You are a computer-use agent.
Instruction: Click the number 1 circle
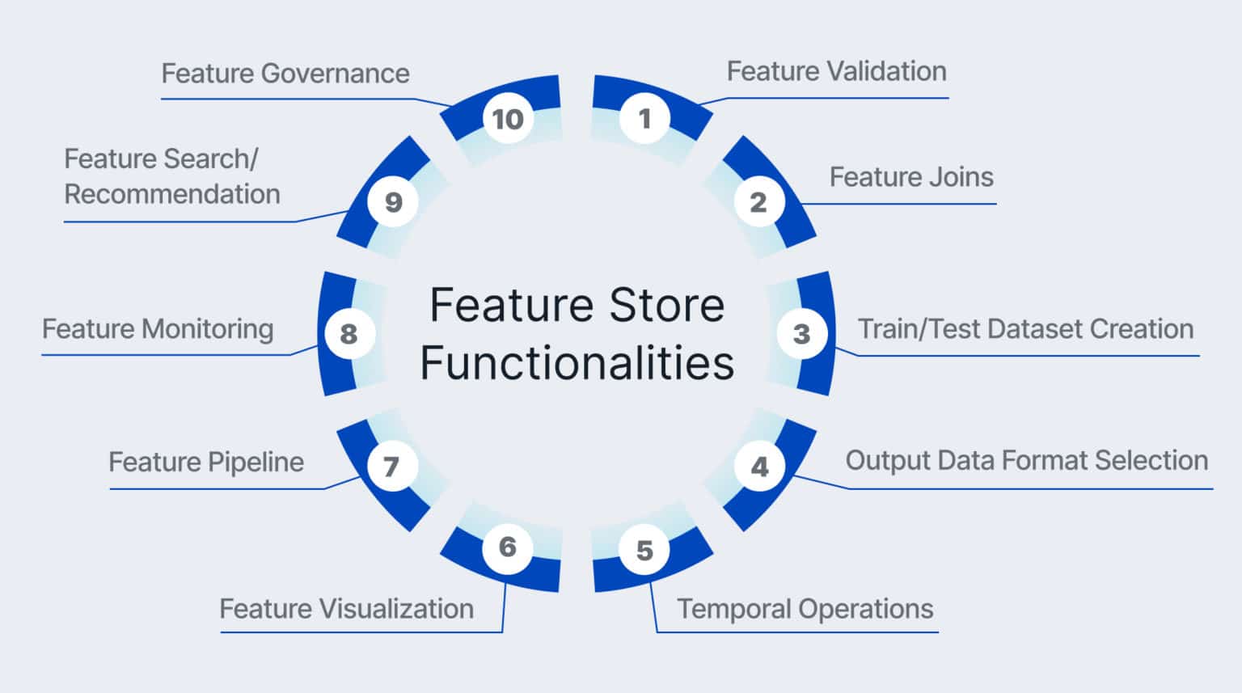coord(644,119)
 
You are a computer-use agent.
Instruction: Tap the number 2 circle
coord(758,201)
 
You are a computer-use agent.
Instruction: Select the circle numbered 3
coord(801,333)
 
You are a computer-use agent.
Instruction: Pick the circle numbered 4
coord(759,467)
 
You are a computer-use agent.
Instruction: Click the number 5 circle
coord(644,550)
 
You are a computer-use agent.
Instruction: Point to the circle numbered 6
coord(507,547)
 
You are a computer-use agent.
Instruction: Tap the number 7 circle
coord(391,466)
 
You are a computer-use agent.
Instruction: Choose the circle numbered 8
coord(349,333)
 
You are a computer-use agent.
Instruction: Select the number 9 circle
coord(393,201)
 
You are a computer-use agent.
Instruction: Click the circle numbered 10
coord(508,119)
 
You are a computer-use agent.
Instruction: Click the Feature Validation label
coord(836,71)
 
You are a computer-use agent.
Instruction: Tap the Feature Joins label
coord(911,177)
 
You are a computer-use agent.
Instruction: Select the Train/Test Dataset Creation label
coord(1025,329)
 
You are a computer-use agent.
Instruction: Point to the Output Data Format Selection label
coord(1026,460)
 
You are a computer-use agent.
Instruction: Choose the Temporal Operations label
coord(805,608)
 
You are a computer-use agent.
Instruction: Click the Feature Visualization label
coord(346,608)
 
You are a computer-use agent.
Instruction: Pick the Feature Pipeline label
coord(206,462)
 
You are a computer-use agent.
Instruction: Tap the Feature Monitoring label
coord(158,329)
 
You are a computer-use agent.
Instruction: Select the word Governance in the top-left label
coord(336,74)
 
